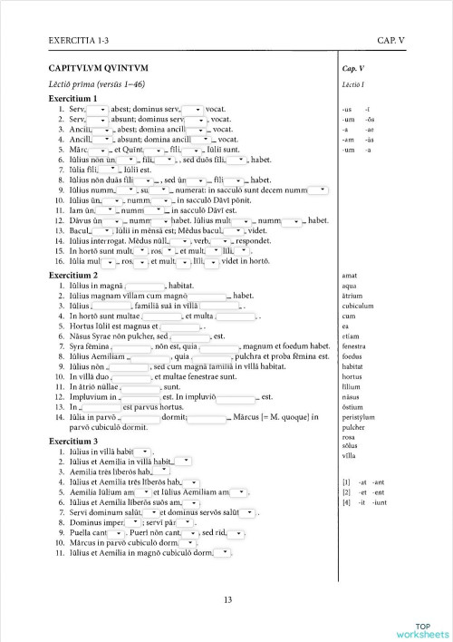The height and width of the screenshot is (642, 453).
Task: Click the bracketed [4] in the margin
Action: (x=346, y=501)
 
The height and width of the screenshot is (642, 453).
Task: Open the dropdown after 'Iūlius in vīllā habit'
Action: (x=145, y=451)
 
